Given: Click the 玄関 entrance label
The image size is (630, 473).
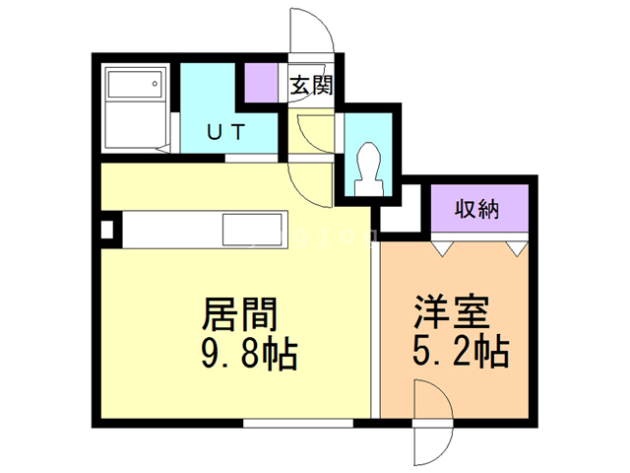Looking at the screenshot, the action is point(312,85).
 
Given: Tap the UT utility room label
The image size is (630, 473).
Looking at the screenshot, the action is point(226,132).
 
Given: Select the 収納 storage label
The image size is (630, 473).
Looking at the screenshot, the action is point(476,209).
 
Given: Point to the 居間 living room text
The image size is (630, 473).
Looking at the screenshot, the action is point(240,313).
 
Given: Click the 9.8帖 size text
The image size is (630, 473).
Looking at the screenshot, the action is point(249,355).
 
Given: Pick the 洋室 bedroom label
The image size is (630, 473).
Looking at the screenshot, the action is point(452,312).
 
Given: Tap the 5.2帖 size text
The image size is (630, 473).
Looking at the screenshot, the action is point(461,352).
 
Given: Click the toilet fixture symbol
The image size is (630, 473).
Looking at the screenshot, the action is point(368,169).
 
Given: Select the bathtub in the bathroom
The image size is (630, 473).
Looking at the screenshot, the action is point(136,84).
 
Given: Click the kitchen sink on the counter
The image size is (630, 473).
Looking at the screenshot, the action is point(252,230).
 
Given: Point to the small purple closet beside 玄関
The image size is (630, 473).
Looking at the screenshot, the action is point(261,83).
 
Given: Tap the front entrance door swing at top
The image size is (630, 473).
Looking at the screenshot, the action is point(311,31).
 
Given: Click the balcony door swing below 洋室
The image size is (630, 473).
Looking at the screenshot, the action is point(433,445).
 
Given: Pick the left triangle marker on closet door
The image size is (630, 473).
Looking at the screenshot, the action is point(443,248).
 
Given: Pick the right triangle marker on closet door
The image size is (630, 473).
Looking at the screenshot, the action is point(517,248).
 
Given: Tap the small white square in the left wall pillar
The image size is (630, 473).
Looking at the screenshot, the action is point(106,231).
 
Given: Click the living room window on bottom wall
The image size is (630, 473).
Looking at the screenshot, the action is point(298,423).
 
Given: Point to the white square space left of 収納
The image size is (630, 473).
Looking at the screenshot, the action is point(400,208).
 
